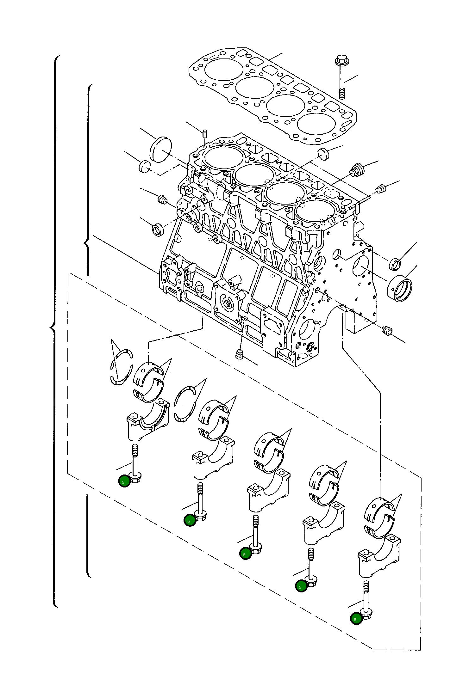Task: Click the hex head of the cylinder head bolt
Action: click(x=341, y=59)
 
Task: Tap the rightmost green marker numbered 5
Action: click(x=356, y=619)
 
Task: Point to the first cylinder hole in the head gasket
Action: click(x=224, y=69)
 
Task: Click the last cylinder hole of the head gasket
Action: click(x=316, y=124)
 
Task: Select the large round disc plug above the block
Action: click(x=160, y=150)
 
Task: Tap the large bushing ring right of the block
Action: click(x=400, y=289)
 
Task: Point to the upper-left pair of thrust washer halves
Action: click(x=122, y=367)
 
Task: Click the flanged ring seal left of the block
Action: click(x=158, y=229)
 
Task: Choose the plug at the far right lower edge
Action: click(x=387, y=330)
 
